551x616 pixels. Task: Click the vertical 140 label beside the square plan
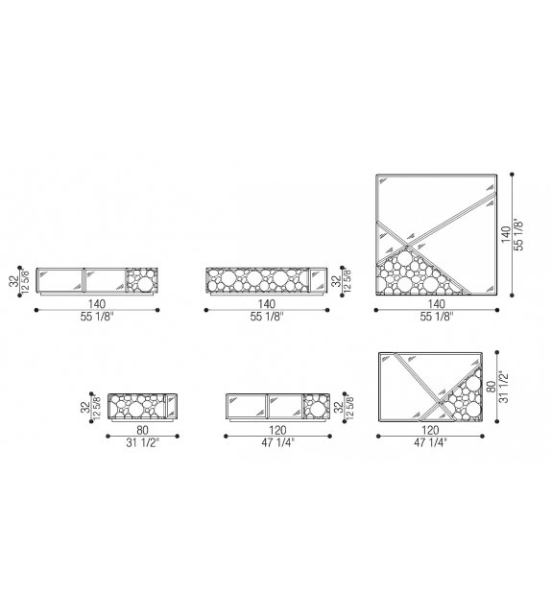tap(506, 234)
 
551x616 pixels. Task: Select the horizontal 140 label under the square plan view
tap(436, 303)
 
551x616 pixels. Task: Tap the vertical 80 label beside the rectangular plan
tap(491, 388)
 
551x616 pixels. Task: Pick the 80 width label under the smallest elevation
tap(142, 430)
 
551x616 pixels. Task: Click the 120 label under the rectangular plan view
tap(430, 430)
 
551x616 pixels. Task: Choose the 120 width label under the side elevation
tap(277, 430)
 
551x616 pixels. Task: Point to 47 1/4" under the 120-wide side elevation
tap(277, 442)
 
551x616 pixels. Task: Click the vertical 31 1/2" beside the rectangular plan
tap(504, 388)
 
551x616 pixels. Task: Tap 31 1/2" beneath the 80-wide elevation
tap(142, 442)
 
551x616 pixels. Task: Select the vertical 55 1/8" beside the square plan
tap(518, 234)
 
